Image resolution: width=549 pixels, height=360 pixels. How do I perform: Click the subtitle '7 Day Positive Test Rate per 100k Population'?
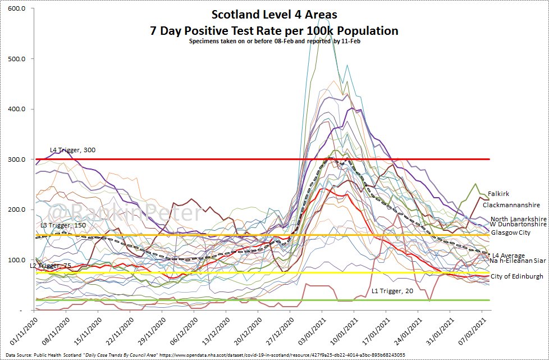point(274,30)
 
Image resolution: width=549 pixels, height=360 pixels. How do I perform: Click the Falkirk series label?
point(498,194)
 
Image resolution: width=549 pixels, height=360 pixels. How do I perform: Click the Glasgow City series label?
point(510,233)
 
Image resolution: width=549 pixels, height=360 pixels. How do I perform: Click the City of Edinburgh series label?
point(516,276)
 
